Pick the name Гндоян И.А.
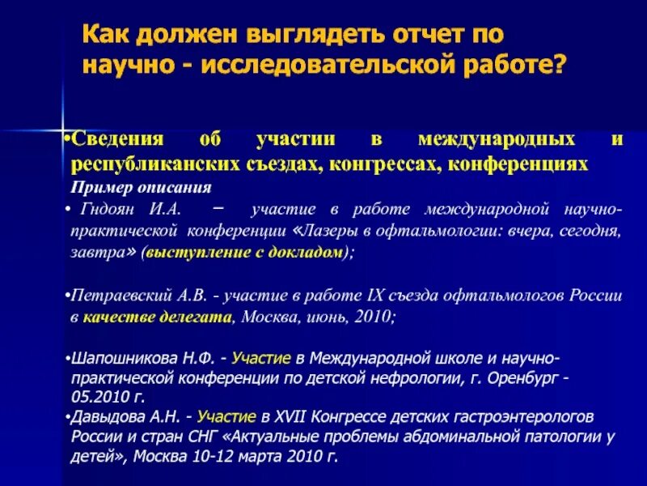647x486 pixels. (130, 210)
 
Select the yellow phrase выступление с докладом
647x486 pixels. (243, 253)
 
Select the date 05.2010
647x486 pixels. (100, 398)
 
